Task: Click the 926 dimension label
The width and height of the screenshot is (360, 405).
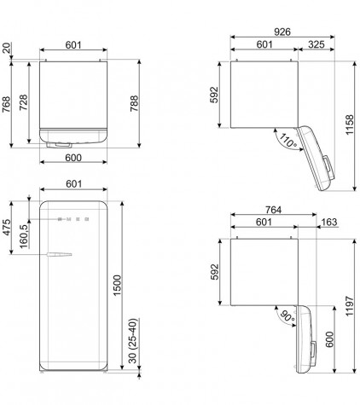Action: (x=282, y=32)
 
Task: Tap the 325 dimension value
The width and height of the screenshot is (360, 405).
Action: (x=316, y=44)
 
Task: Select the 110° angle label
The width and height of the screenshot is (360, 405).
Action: (x=287, y=140)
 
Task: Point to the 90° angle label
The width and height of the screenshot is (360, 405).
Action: (x=287, y=316)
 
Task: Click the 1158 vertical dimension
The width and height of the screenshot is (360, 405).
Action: (x=349, y=124)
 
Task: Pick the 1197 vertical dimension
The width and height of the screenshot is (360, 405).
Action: (x=349, y=306)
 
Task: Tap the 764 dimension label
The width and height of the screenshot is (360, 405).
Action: (x=273, y=210)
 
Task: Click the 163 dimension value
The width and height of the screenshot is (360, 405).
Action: (x=329, y=222)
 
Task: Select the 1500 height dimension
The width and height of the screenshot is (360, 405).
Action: (x=117, y=286)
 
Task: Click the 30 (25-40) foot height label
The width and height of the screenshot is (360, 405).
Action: (x=133, y=340)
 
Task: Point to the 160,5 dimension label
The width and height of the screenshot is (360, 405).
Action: (x=24, y=236)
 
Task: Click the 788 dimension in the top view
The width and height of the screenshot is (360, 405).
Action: (x=134, y=103)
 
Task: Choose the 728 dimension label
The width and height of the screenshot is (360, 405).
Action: (x=23, y=102)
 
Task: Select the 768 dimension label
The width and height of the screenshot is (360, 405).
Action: (x=6, y=104)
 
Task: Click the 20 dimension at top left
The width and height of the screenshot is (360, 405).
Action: (x=6, y=48)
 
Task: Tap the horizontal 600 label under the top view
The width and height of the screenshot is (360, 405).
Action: (x=73, y=158)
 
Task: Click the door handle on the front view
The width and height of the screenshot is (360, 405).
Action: (x=59, y=254)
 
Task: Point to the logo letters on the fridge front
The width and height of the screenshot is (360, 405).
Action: (x=73, y=219)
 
